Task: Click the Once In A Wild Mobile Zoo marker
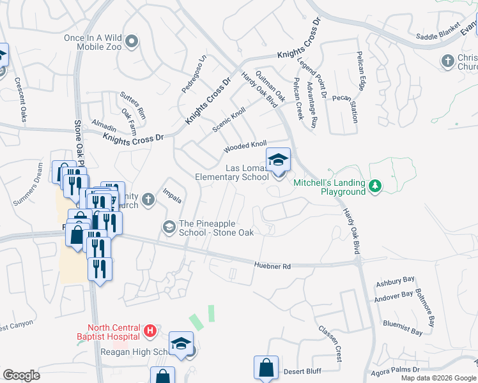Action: tap(132, 42)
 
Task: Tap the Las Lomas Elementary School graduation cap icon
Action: tap(278, 160)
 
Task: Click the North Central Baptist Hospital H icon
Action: tap(150, 331)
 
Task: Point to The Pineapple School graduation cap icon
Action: tap(169, 227)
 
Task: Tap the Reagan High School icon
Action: tap(181, 344)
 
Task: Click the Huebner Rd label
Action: tap(272, 265)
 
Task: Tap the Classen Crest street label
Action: tap(330, 343)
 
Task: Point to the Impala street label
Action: tap(172, 195)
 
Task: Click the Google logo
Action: tap(21, 375)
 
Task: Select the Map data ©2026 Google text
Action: tap(438, 378)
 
